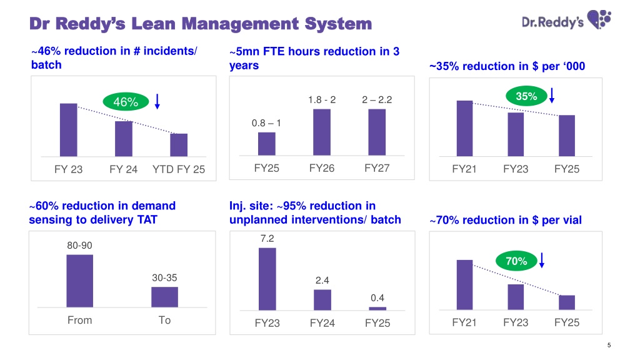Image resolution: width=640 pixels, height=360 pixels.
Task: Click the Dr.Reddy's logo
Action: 566,20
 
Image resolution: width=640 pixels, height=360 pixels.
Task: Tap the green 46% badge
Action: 126,102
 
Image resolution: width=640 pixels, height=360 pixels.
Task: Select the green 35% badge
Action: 526,96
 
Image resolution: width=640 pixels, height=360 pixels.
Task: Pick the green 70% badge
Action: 516,261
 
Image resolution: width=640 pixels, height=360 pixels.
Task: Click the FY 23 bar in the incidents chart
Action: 69,130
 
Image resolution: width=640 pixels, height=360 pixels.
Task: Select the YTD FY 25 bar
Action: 179,145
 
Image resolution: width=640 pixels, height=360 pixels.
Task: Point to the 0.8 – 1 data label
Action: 266,123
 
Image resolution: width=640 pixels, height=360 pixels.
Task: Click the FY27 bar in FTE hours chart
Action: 377,132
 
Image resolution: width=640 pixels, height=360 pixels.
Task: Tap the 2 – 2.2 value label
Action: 377,99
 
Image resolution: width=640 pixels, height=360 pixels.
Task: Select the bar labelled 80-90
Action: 79,281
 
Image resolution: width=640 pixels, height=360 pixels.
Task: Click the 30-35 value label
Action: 164,277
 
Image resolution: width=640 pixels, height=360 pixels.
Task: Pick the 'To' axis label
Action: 164,320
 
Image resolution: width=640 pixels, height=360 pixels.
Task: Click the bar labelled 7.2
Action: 267,279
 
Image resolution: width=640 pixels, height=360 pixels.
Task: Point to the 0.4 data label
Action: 377,298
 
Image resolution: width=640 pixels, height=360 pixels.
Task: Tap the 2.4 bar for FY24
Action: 322,299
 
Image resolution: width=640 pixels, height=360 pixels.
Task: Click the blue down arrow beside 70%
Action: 542,260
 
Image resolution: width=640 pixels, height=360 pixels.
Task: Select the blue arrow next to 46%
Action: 157,101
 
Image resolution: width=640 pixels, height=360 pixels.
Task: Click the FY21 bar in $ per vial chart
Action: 464,284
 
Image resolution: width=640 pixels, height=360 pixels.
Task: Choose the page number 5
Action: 609,345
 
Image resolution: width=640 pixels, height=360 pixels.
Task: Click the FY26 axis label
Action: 322,168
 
